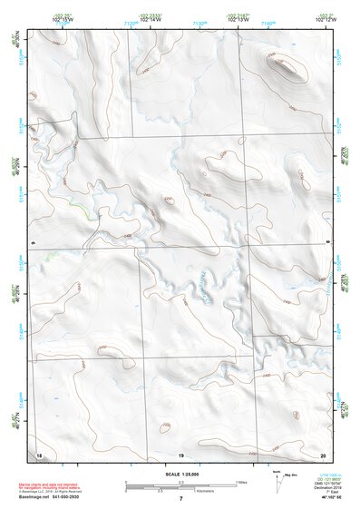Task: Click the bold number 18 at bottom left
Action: pos(39,453)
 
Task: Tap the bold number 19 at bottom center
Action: pos(180,453)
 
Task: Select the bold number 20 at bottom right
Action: pos(324,453)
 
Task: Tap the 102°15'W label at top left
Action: pos(36,18)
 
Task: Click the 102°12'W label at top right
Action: pos(326,18)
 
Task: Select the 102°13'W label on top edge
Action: pos(239,18)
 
